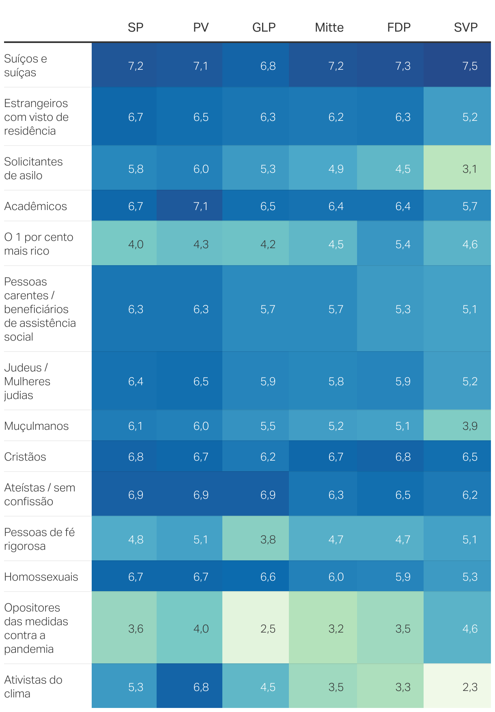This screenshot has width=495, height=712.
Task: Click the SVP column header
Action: tap(465, 28)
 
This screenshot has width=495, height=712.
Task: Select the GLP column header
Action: tap(264, 28)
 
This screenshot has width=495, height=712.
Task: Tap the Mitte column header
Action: tap(329, 28)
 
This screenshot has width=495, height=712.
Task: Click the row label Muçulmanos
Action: tap(37, 426)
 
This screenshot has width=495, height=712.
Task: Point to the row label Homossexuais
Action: tap(41, 577)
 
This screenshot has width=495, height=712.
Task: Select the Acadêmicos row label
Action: tap(36, 206)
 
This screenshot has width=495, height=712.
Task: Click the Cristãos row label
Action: tap(25, 457)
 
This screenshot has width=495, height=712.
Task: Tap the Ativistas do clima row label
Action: tap(33, 686)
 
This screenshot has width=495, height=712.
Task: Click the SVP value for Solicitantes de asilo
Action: tap(469, 169)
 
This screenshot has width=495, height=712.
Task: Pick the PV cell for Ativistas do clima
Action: tap(201, 687)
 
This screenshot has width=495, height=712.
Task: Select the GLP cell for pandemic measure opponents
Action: tap(268, 628)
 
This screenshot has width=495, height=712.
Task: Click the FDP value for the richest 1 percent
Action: tap(403, 244)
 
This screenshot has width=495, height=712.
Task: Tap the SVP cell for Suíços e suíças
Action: tap(469, 66)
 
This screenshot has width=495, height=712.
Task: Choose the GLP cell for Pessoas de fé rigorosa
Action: tap(268, 539)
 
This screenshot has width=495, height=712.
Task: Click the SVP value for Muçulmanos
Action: tap(469, 426)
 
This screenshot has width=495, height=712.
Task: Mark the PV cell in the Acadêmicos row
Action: tap(201, 206)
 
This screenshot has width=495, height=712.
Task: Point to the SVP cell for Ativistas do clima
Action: tap(469, 687)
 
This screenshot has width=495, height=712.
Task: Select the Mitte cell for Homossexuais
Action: tap(336, 577)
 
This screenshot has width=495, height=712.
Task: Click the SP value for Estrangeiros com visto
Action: tap(136, 117)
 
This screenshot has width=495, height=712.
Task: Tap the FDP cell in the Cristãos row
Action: tap(403, 457)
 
